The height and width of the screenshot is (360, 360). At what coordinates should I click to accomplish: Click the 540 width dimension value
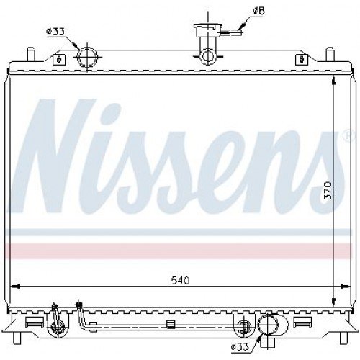point(181,280)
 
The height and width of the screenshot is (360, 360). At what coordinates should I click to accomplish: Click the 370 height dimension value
point(328,191)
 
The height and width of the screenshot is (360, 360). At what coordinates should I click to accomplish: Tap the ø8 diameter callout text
point(258,11)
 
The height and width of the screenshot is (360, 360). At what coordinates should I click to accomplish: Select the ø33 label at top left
point(55,32)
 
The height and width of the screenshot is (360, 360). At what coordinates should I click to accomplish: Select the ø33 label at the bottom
point(240,347)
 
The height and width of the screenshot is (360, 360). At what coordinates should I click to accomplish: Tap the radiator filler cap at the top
point(207,30)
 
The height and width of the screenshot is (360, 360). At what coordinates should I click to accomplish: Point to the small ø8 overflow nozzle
point(232,32)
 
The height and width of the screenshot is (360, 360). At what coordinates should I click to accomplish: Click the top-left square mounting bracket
point(59,59)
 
